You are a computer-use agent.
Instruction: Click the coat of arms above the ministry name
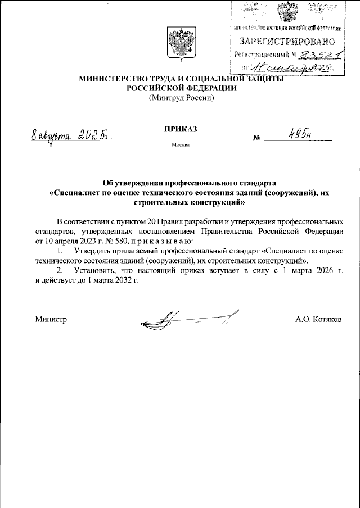coord(181,43)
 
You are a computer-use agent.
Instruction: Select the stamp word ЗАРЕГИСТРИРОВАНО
coord(287,41)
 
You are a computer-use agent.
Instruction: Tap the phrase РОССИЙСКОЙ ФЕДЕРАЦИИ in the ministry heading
coord(181,89)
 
